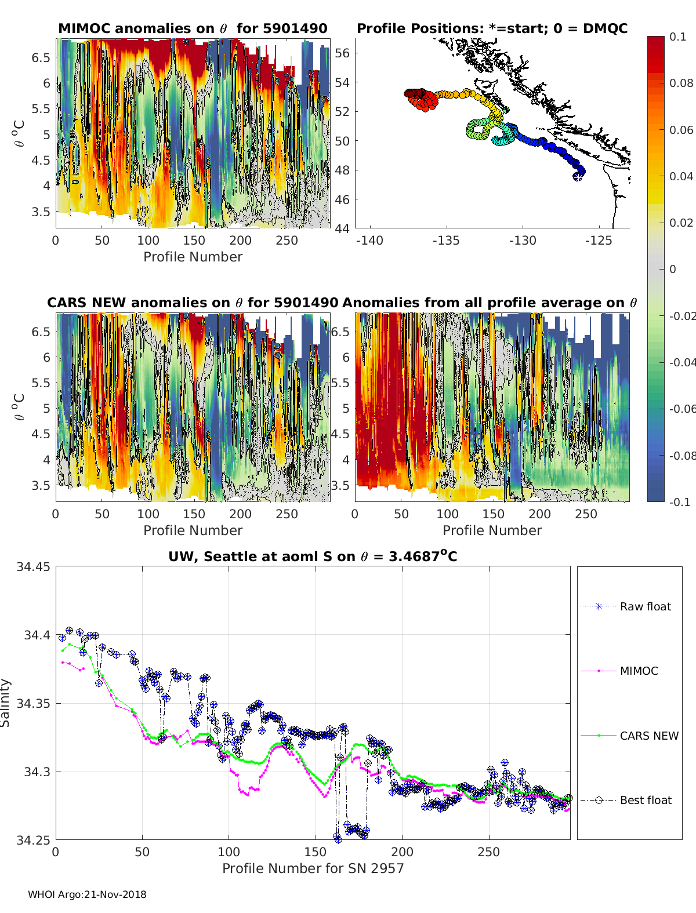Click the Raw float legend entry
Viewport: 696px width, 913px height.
tap(645, 606)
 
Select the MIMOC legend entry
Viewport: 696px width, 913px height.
tap(639, 671)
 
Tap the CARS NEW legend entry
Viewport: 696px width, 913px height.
tap(648, 736)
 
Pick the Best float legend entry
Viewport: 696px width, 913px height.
tap(645, 801)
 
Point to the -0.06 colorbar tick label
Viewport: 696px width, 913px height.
tap(681, 409)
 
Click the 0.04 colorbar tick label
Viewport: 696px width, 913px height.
tap(681, 176)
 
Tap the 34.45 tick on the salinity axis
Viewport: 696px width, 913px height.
tap(34, 567)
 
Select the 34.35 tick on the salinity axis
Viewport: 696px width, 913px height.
tap(34, 704)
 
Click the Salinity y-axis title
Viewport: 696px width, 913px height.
tap(6, 703)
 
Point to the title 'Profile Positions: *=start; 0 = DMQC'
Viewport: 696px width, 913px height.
tap(492, 28)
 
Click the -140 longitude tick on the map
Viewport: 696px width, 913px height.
tap(369, 241)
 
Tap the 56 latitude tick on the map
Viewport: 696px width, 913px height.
tap(343, 53)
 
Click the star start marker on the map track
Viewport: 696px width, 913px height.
tap(578, 176)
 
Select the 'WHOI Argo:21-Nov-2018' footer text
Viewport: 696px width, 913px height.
tap(87, 894)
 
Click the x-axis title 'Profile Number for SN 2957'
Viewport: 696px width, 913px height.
tap(313, 868)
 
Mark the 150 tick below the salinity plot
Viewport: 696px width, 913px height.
tap(316, 852)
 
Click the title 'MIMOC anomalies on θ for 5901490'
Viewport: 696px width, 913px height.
tap(193, 28)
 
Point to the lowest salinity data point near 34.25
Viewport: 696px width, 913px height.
tap(338, 837)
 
